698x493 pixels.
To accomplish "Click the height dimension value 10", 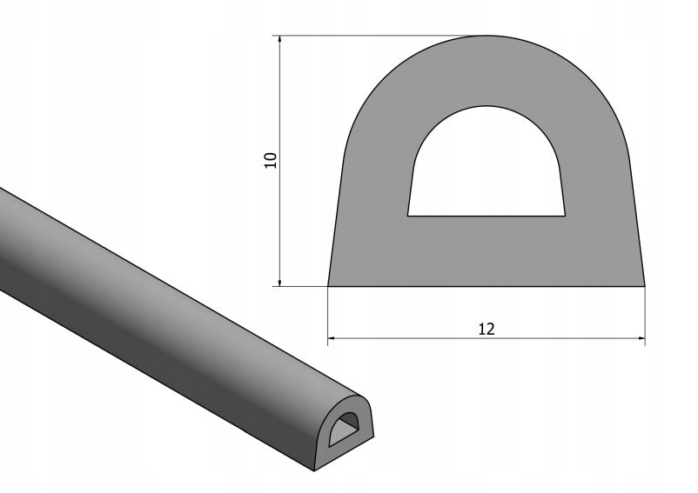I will (271, 159).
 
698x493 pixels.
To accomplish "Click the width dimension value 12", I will (487, 329).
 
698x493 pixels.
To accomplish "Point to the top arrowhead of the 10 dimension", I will (279, 40).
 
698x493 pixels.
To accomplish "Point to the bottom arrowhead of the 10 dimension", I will (279, 281).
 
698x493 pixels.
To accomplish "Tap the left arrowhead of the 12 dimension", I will (332, 336).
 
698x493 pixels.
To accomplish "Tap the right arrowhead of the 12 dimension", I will (641, 336).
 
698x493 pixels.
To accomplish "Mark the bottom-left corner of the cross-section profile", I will (328, 286).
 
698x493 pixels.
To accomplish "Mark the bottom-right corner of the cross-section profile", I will (645, 286).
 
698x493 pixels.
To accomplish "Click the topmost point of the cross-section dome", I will (487, 36).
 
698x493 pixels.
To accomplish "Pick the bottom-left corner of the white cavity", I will (408, 215).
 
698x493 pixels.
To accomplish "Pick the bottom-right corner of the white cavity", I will (566, 215).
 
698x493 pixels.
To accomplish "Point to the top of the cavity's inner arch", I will (487, 106).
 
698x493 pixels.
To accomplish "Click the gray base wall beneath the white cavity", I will (487, 250).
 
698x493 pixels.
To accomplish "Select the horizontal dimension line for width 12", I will (409, 336).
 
